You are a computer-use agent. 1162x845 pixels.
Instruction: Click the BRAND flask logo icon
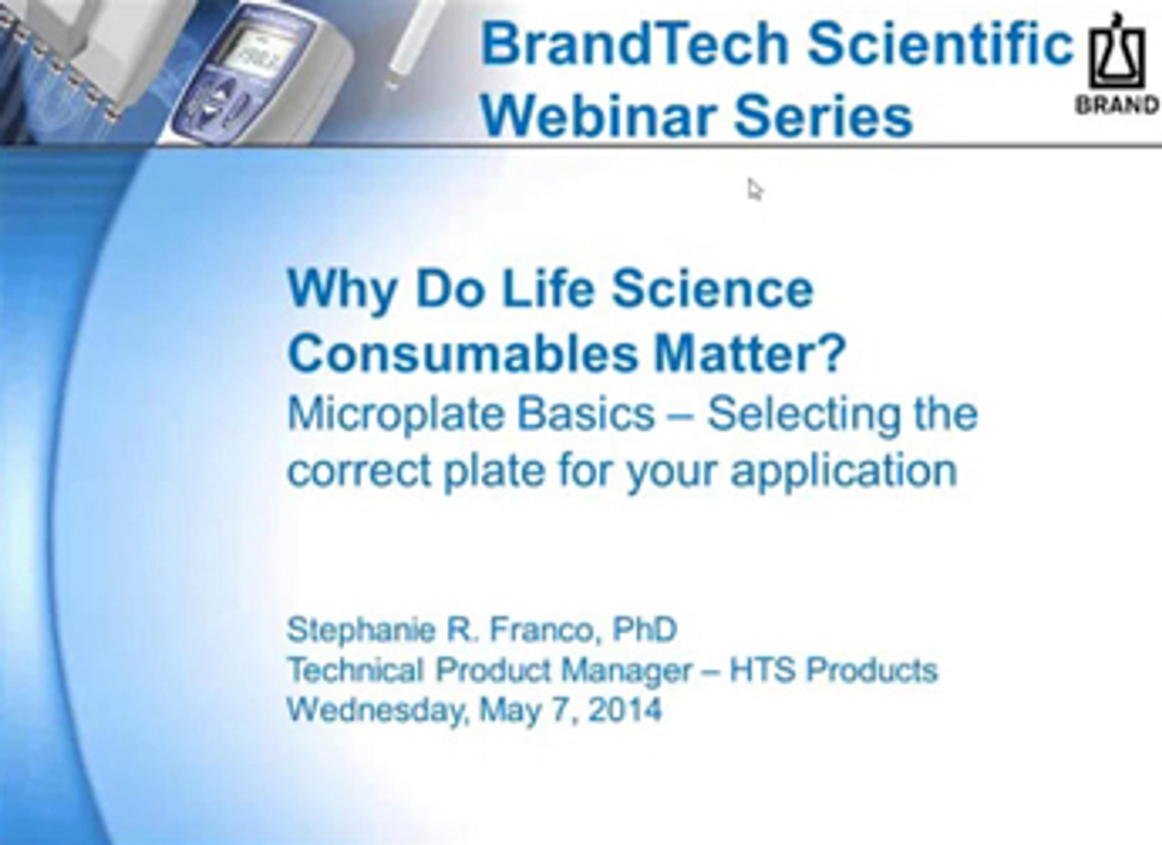click(1116, 51)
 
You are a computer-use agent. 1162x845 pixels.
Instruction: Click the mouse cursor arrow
click(755, 190)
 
